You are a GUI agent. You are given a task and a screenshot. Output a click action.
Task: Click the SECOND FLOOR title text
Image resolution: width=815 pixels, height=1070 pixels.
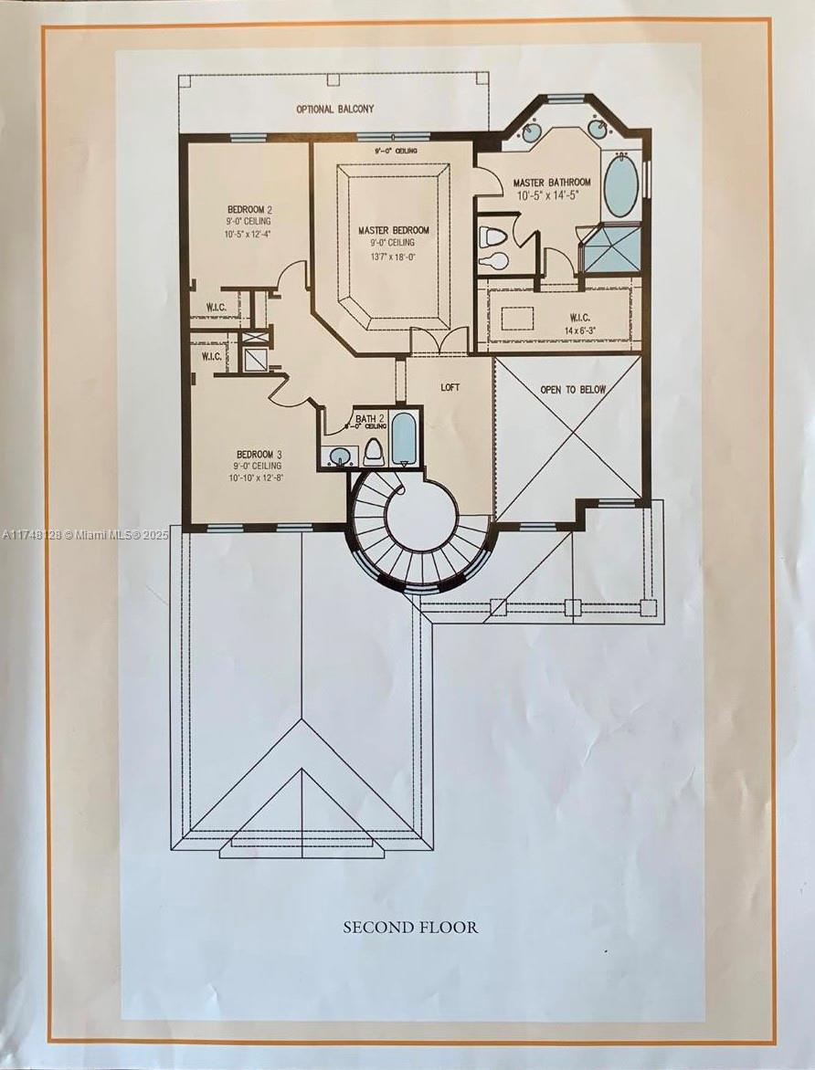point(410,927)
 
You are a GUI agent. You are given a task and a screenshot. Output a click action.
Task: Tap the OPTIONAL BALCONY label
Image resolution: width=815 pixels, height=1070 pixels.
point(334,109)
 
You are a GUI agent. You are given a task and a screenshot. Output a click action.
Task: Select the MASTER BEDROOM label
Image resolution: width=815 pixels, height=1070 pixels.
point(393,230)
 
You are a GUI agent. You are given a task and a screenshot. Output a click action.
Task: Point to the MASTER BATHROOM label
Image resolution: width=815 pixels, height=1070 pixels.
point(551,183)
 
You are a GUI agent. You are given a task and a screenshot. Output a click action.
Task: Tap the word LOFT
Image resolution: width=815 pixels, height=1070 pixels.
point(450,387)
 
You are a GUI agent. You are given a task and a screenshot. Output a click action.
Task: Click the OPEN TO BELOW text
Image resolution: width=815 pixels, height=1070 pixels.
point(573,390)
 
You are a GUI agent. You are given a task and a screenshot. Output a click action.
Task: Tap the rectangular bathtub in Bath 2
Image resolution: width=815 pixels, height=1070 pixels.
point(405,441)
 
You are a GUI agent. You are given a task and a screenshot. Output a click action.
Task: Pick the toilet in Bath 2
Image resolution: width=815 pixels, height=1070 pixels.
point(374,452)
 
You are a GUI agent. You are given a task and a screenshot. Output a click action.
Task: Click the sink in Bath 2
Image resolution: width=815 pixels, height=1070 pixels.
point(341,456)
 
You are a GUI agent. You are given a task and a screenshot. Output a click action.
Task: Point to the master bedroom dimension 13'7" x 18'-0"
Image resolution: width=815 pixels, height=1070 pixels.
point(393,257)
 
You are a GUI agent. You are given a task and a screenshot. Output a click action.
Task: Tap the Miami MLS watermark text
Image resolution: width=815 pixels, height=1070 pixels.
point(85,535)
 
